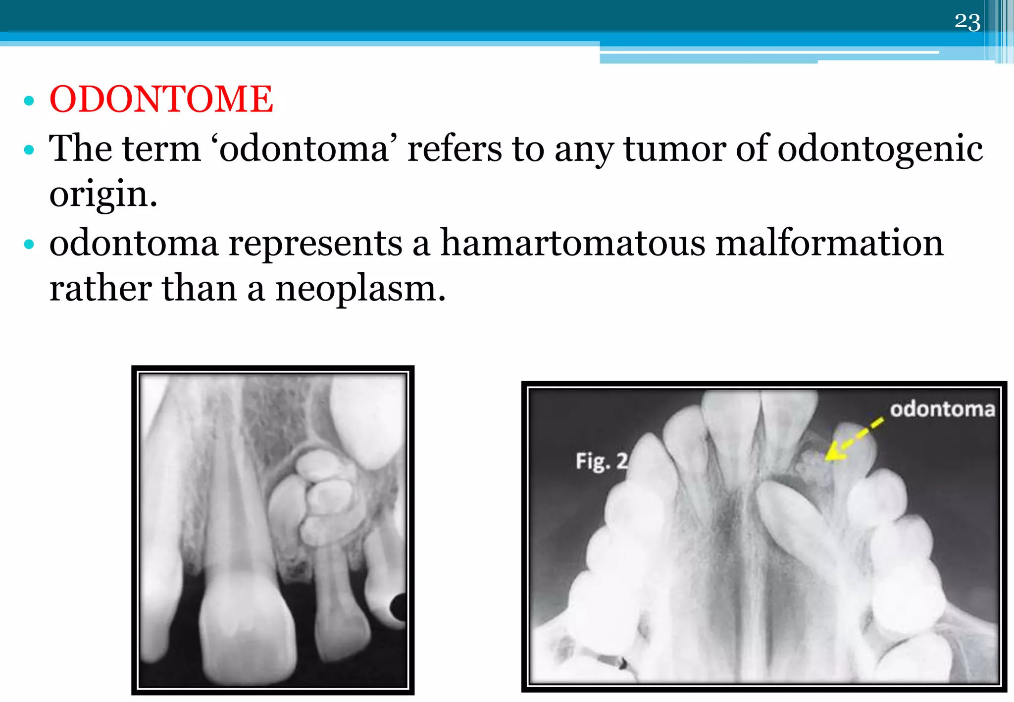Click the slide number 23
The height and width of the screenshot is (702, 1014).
[967, 22]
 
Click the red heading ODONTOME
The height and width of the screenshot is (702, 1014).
[161, 99]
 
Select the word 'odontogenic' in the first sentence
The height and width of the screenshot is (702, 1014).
[880, 149]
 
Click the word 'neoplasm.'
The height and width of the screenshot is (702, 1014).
[360, 289]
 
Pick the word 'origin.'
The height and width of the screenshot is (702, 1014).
[103, 195]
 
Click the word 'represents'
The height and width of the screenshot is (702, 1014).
[315, 244]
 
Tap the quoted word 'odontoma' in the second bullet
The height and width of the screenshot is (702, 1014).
[304, 149]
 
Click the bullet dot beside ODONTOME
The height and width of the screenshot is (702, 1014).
[29, 100]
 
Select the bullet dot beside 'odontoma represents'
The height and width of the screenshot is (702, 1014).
[29, 244]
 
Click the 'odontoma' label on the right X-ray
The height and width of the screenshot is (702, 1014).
[942, 409]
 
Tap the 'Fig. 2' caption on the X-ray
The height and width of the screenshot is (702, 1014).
[601, 461]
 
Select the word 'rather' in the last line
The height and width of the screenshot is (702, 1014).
[101, 289]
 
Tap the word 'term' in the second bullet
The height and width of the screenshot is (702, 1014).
[161, 149]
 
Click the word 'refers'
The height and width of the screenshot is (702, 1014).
[454, 149]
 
